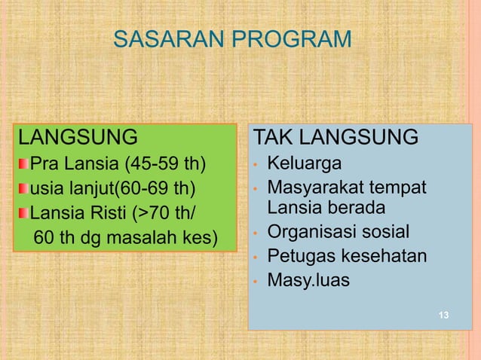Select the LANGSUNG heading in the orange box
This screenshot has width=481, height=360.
tap(78, 138)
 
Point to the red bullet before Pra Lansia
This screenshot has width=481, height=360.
tap(24, 163)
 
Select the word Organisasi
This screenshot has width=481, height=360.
tap(317, 231)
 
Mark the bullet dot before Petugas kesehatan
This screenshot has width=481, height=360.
tap(256, 258)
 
